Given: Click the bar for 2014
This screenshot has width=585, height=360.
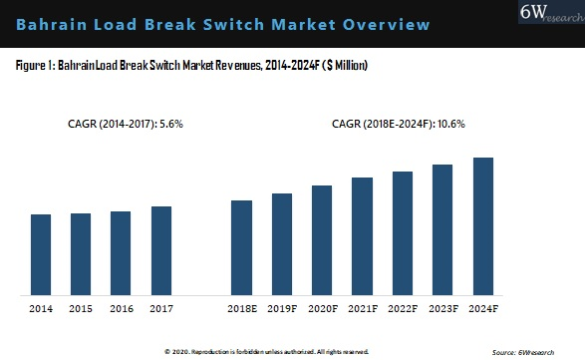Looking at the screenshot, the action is coord(41,254).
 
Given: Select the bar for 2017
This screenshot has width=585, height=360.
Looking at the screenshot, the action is coord(161,251).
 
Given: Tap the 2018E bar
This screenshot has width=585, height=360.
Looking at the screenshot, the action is coord(242,248).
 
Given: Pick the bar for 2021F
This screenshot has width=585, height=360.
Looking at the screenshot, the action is coord(363,236).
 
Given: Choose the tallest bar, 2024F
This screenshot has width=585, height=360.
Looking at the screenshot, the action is coord(483,226).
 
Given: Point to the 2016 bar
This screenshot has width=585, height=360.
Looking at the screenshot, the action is coord(121,253).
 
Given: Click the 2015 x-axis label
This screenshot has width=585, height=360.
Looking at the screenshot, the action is coord(81,309).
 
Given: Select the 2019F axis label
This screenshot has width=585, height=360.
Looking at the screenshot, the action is coord(282,309).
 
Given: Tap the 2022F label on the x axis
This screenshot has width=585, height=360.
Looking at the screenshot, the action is coord(403,309).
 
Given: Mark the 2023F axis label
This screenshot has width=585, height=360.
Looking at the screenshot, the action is coord(443,309).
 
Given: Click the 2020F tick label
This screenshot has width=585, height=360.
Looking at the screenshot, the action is coord(323,309).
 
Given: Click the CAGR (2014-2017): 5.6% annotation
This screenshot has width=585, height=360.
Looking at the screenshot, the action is coord(126,124).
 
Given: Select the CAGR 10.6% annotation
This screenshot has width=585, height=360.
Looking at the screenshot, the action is coord(399,124).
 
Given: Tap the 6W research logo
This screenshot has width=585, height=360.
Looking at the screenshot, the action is coord(551,12).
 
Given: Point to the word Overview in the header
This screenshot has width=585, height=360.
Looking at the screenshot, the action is coord(386,25).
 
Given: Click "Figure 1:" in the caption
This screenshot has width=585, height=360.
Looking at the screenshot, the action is coord(36,66).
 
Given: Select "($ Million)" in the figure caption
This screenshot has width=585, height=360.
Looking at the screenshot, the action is coord(345,66).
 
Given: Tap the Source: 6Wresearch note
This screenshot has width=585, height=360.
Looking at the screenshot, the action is coord(523,352).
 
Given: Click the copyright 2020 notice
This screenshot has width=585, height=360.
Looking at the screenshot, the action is coord(266,352).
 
